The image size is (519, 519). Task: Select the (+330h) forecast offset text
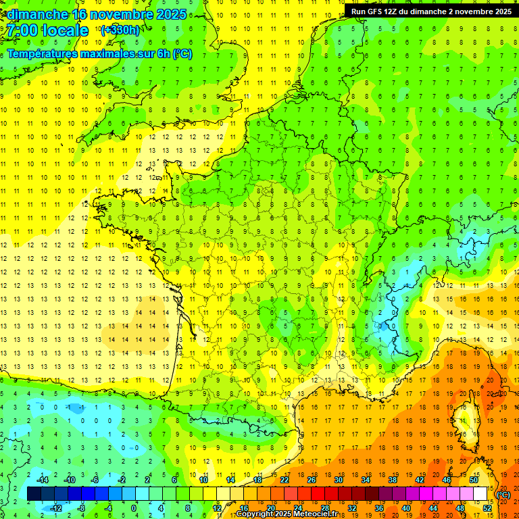pos(120,30)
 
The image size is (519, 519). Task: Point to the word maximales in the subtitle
pos(109,54)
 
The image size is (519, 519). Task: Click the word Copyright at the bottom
pos(253,514)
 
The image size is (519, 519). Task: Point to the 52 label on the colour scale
pos(487,508)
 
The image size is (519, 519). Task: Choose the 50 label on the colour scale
pos(474,480)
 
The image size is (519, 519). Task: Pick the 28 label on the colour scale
pos(325,508)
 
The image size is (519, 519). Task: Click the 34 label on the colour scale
pos(366,480)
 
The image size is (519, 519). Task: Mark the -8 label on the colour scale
pos(82,508)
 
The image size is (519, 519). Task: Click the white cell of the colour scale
pos(480,494)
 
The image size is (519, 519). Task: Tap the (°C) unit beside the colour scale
pos(503,495)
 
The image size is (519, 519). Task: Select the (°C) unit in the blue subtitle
pos(182,54)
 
